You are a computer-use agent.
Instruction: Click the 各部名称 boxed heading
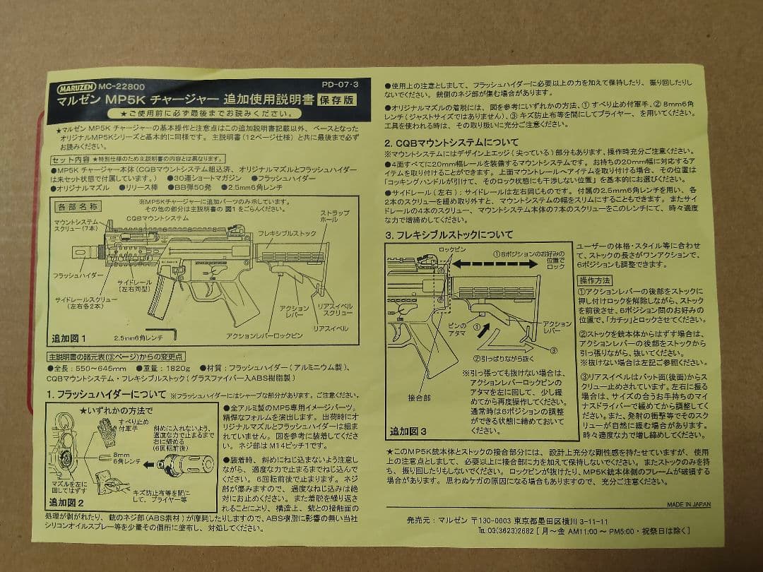pos(77,206)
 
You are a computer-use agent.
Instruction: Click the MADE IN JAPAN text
pos(689,504)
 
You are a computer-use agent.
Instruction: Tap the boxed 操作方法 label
pos(595,280)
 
